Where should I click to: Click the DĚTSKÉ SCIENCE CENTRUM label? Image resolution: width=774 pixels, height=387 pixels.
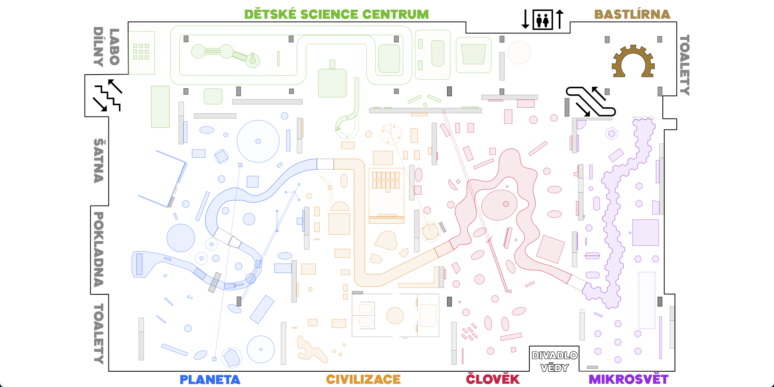[x=336, y=15]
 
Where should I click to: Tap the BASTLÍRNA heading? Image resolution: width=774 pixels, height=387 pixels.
[x=632, y=15]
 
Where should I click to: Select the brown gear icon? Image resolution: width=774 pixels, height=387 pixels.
[x=633, y=62]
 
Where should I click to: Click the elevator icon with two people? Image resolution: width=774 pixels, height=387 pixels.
[x=543, y=20]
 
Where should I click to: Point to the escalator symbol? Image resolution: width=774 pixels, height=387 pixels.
[x=591, y=102]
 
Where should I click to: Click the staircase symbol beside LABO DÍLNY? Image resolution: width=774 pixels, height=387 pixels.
[x=107, y=96]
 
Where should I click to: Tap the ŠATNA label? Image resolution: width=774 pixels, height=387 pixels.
[x=99, y=160]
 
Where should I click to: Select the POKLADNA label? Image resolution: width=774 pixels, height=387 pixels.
[x=99, y=249]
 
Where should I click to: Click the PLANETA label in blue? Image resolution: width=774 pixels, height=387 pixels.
[x=210, y=379]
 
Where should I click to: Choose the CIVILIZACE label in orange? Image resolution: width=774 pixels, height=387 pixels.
[x=363, y=379]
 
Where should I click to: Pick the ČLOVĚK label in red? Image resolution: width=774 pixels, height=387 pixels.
[x=493, y=379]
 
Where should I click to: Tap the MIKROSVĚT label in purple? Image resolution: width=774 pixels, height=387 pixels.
[x=628, y=379]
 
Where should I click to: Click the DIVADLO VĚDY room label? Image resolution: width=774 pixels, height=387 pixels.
[x=554, y=361]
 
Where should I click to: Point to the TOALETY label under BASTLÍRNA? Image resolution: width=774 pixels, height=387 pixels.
[x=684, y=65]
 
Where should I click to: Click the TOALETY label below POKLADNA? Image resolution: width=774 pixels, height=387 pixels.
[x=99, y=334]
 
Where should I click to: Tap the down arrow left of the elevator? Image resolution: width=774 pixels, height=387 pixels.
[x=525, y=19]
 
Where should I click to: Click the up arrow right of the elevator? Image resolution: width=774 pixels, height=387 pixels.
[x=560, y=19]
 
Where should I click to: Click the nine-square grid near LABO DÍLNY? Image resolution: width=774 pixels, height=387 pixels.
[x=141, y=52]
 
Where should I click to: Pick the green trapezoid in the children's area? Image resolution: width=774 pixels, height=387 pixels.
[x=474, y=54]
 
